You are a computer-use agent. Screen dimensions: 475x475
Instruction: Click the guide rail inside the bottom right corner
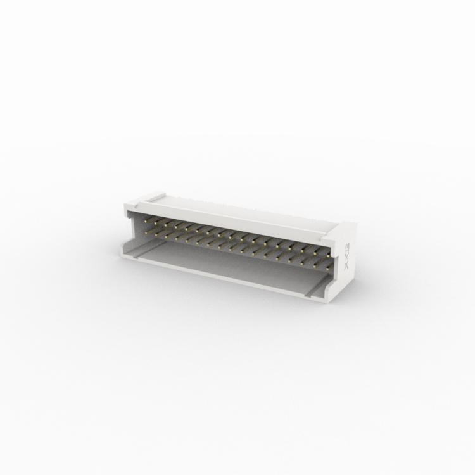pos(316,288)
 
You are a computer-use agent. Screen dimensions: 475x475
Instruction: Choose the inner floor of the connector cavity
pos(222,266)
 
